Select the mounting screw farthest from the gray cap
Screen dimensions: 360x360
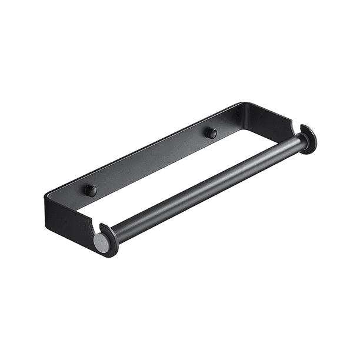click(x=211, y=133)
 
